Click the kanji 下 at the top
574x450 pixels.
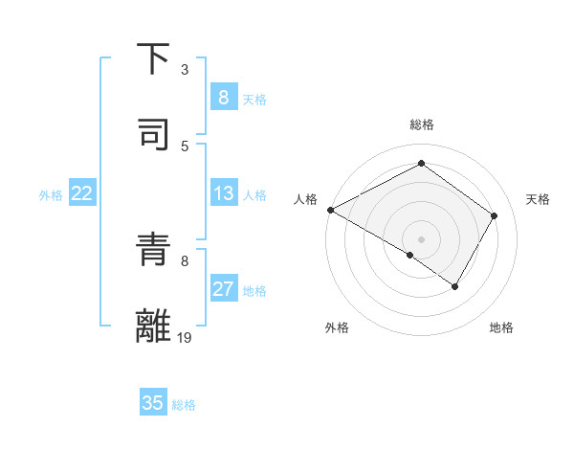tap(153, 58)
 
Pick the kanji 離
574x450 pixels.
tap(153, 326)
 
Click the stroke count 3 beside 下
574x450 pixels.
tap(185, 70)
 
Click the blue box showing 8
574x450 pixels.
tap(223, 97)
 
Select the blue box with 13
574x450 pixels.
tap(223, 193)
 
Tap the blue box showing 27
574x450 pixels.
tap(223, 289)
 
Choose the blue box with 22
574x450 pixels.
tap(82, 193)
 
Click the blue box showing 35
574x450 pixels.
tap(153, 403)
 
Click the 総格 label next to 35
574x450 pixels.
tap(184, 405)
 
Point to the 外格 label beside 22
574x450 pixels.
tap(51, 195)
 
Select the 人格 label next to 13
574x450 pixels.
tap(254, 195)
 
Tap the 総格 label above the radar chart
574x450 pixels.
tap(422, 124)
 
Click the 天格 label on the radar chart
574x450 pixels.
tap(539, 199)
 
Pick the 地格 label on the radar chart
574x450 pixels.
tap(501, 327)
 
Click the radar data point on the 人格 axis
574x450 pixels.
tap(330, 210)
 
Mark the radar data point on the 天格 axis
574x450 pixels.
tap(495, 215)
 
